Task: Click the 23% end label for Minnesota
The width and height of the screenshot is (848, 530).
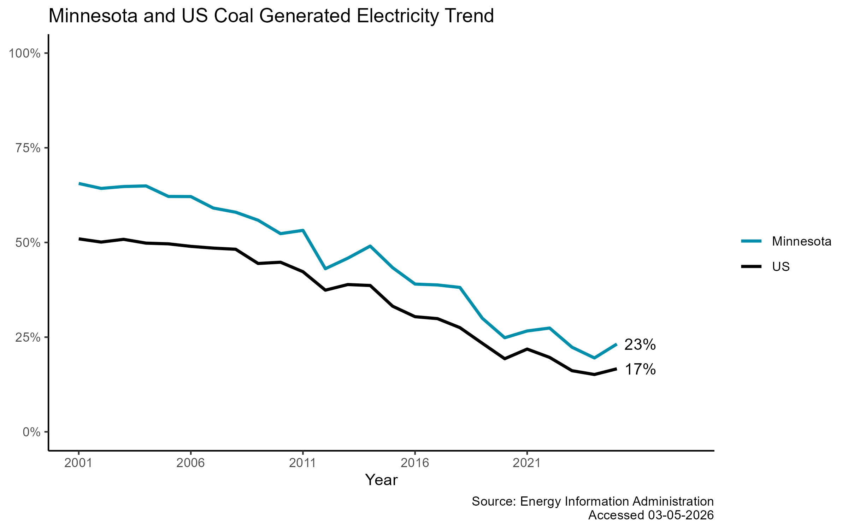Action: tap(640, 345)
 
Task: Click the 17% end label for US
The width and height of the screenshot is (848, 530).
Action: tap(640, 370)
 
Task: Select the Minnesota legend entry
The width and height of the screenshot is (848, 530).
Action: tap(801, 241)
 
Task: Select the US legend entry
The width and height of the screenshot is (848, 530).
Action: tap(781, 266)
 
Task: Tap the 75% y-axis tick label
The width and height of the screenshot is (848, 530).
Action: tap(28, 148)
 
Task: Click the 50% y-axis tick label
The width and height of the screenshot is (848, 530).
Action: tap(28, 243)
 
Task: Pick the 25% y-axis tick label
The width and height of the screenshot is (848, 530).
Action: tap(28, 337)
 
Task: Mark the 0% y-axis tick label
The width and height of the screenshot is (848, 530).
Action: tap(31, 432)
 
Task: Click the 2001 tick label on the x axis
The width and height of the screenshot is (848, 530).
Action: tap(78, 463)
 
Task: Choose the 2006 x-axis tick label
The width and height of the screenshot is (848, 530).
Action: tap(190, 463)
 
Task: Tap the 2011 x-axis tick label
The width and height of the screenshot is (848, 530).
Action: tap(302, 463)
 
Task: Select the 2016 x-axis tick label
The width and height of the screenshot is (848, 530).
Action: tap(415, 463)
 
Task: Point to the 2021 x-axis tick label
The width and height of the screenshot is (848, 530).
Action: tap(527, 463)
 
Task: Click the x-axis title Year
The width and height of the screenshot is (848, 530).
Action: tap(381, 480)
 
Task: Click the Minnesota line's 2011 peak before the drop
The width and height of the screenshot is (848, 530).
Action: tap(303, 230)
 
